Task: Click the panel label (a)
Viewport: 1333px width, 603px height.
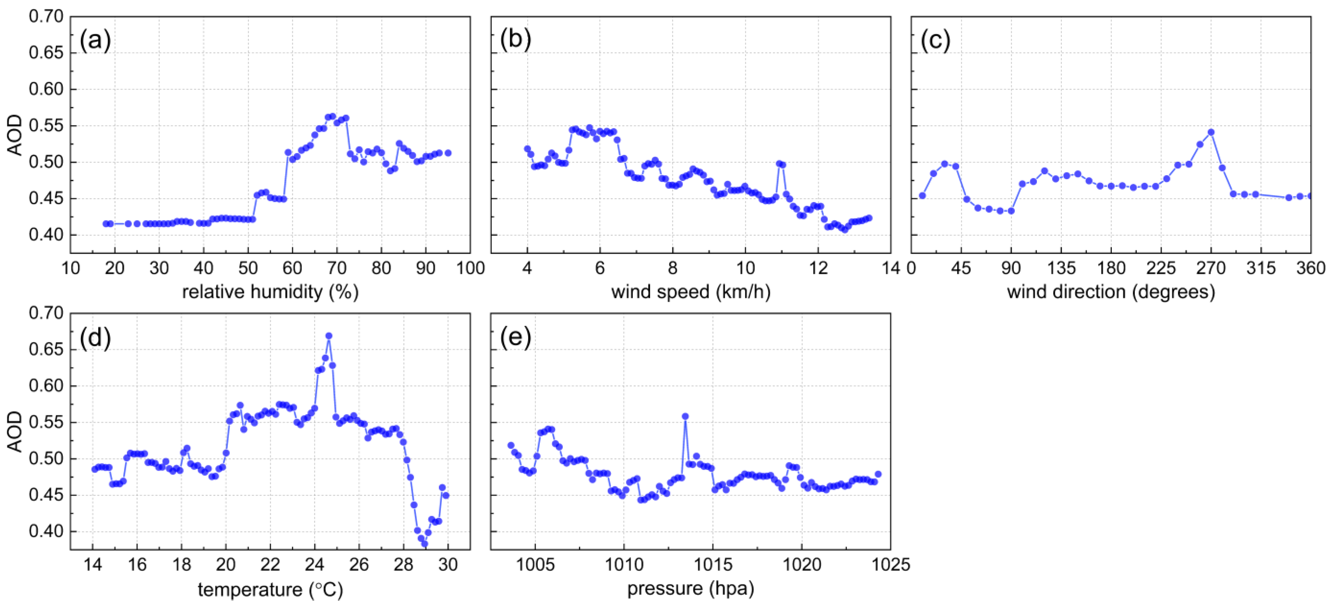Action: [x=95, y=40]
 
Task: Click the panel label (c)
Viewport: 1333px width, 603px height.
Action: [x=936, y=40]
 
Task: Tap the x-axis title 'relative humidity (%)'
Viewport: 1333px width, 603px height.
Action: [x=270, y=292]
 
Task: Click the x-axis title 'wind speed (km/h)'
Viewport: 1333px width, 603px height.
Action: [x=691, y=292]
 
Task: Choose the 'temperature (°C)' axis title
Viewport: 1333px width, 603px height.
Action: [x=270, y=589]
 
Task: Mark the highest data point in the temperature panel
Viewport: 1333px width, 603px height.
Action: [x=329, y=336]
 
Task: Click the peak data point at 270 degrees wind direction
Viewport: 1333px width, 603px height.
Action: [x=1211, y=132]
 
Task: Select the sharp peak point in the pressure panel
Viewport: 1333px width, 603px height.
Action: [x=685, y=416]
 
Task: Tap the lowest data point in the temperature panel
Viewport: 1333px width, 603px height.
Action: [x=424, y=544]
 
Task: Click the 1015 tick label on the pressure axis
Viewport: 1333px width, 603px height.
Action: [x=713, y=565]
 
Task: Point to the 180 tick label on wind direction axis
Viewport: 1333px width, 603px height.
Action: [x=1111, y=268]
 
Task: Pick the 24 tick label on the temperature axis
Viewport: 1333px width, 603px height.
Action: [x=314, y=565]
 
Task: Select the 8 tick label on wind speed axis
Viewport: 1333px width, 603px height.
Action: [x=672, y=268]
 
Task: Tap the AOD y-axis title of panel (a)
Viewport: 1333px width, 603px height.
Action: [x=16, y=135]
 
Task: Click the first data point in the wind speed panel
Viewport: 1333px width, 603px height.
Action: [x=527, y=149]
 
